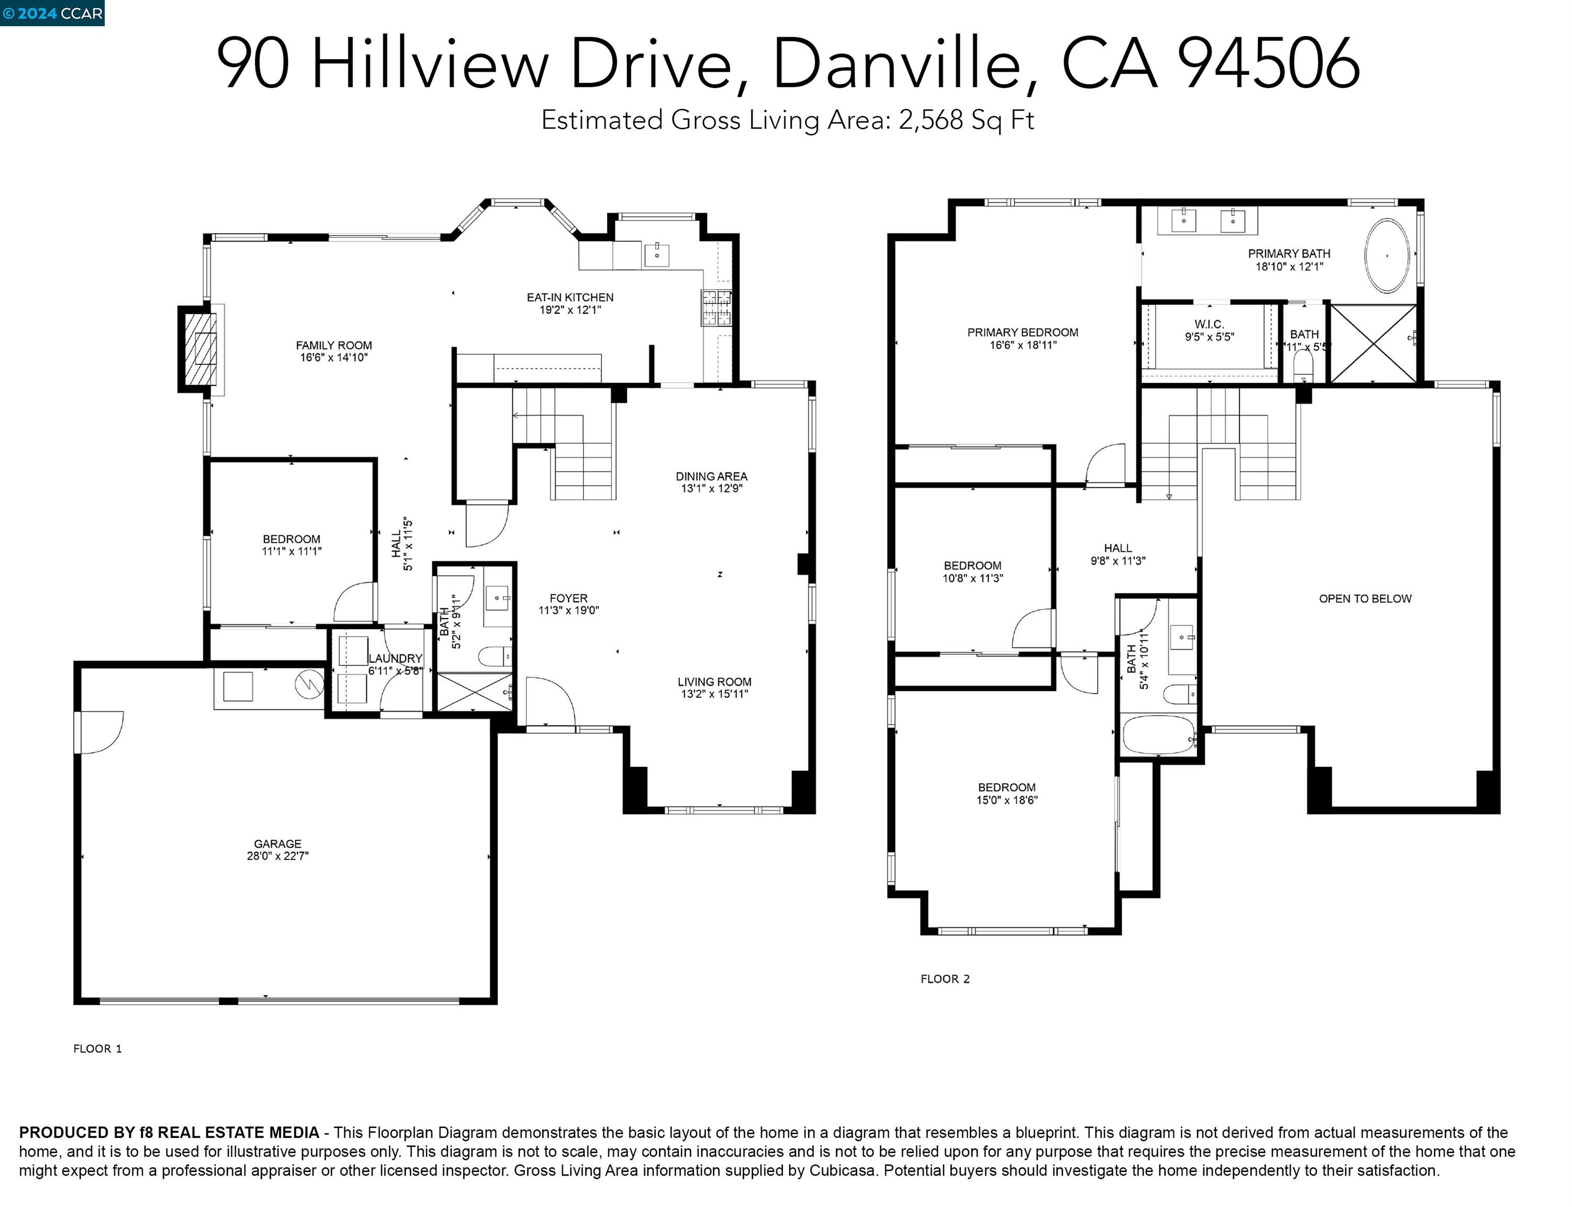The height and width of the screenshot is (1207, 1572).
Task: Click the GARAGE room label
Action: tap(277, 843)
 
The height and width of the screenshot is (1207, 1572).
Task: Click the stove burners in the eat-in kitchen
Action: tap(716, 308)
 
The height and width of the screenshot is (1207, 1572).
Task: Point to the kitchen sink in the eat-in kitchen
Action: tap(656, 254)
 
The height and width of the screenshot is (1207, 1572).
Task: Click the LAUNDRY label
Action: tap(395, 658)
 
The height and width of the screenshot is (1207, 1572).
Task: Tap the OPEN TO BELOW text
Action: tap(1365, 598)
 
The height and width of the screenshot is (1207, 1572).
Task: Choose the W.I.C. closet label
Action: tap(1209, 324)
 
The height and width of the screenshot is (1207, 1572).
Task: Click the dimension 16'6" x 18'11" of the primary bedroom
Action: tap(1023, 345)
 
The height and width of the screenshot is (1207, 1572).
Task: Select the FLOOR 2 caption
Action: tap(944, 979)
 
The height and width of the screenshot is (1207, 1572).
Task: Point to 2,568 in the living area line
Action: tap(930, 120)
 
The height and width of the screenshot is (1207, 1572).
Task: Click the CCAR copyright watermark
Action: tap(52, 13)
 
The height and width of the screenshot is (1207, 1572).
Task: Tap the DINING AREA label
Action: tap(711, 476)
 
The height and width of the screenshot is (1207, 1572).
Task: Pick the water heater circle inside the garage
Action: tap(309, 685)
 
